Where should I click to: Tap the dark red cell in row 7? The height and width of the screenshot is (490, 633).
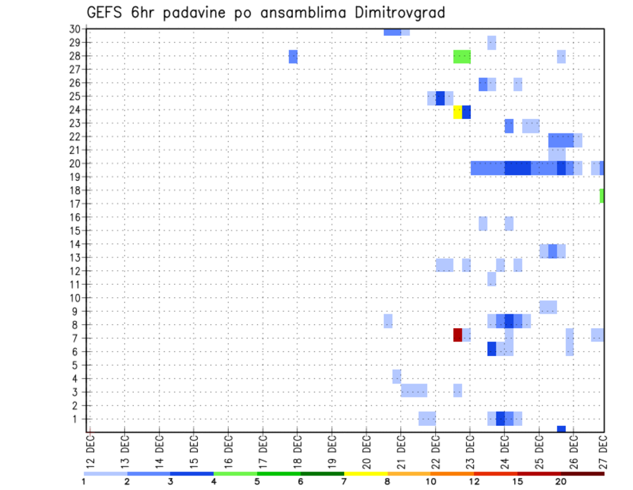pos(458,335)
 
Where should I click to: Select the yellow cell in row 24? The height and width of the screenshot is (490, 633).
pos(458,112)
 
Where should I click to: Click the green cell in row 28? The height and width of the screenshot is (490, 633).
pos(462,57)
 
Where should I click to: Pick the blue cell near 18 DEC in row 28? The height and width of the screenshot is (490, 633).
pos(293,57)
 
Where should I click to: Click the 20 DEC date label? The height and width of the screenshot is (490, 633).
pos(367,450)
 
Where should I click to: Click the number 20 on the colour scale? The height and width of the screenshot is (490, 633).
pos(561,481)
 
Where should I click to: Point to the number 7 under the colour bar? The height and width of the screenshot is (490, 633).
pos(344,481)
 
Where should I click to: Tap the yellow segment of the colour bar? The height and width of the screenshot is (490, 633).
pos(366,473)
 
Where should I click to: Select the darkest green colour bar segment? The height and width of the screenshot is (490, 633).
pos(322,473)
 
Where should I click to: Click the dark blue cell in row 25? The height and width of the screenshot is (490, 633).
pos(440,98)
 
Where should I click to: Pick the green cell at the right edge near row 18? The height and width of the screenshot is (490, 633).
pos(602,196)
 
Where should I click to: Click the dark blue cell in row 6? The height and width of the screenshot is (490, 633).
pos(492,349)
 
